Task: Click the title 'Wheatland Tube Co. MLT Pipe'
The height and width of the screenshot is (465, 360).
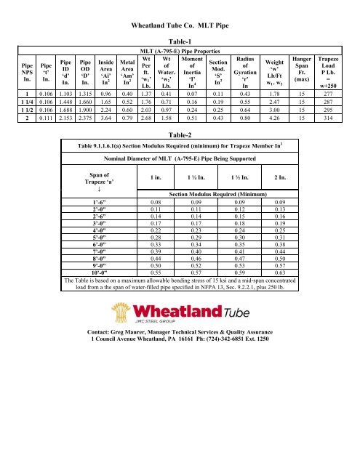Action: (180, 25)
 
